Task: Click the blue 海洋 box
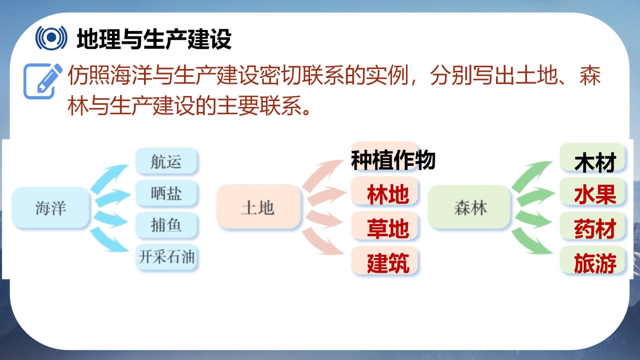click(x=50, y=207)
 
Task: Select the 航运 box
click(x=166, y=161)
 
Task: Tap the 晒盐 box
click(x=166, y=193)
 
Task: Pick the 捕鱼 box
click(x=166, y=225)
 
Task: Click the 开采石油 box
click(x=166, y=257)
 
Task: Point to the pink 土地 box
click(x=258, y=206)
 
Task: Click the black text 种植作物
click(x=393, y=160)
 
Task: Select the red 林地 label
click(x=388, y=195)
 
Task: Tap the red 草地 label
click(x=388, y=229)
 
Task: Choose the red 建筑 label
click(x=388, y=263)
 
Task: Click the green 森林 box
click(x=469, y=207)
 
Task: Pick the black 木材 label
click(x=595, y=163)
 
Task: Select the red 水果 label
click(x=595, y=195)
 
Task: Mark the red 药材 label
click(x=595, y=229)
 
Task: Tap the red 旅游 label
click(x=595, y=263)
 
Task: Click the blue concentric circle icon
click(x=51, y=37)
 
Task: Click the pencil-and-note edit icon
click(x=43, y=81)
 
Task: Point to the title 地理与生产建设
click(x=155, y=39)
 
